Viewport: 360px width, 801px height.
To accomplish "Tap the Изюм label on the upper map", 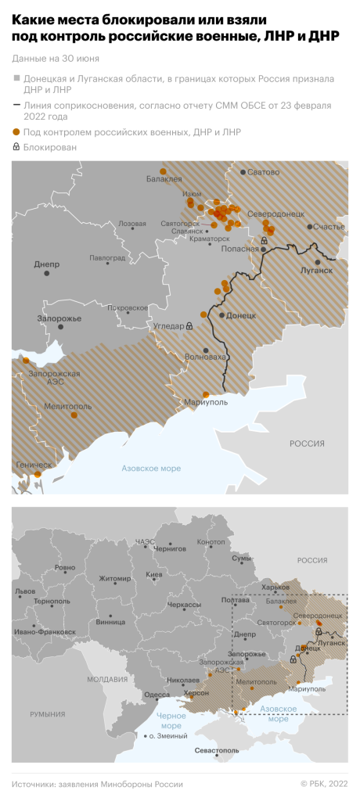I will [x=192, y=194].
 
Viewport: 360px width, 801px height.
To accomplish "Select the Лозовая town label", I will [x=131, y=224].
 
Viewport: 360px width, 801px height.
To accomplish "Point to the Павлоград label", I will [x=107, y=257].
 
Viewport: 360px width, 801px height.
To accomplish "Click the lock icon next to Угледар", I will [x=189, y=325].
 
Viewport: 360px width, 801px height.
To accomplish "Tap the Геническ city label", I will [x=32, y=465].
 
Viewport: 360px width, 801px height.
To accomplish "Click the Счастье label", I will [x=329, y=227].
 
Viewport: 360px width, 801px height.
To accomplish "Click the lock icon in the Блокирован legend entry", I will [x=16, y=146].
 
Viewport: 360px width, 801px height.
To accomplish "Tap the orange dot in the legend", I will [x=16, y=132].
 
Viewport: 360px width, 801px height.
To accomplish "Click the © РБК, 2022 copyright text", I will [x=324, y=784].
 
